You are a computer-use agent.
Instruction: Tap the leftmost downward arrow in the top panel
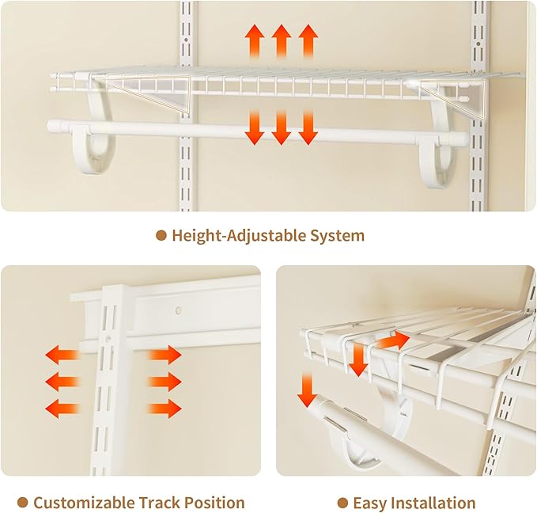[254, 127]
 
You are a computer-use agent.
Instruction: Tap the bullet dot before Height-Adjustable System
[161, 235]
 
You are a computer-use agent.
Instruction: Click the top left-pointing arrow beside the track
[62, 354]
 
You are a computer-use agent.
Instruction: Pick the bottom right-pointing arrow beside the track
[165, 409]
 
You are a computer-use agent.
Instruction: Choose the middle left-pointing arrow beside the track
[62, 382]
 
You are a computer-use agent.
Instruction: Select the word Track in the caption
[160, 503]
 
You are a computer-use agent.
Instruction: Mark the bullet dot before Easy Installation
[342, 503]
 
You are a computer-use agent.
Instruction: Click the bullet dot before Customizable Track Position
[23, 503]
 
